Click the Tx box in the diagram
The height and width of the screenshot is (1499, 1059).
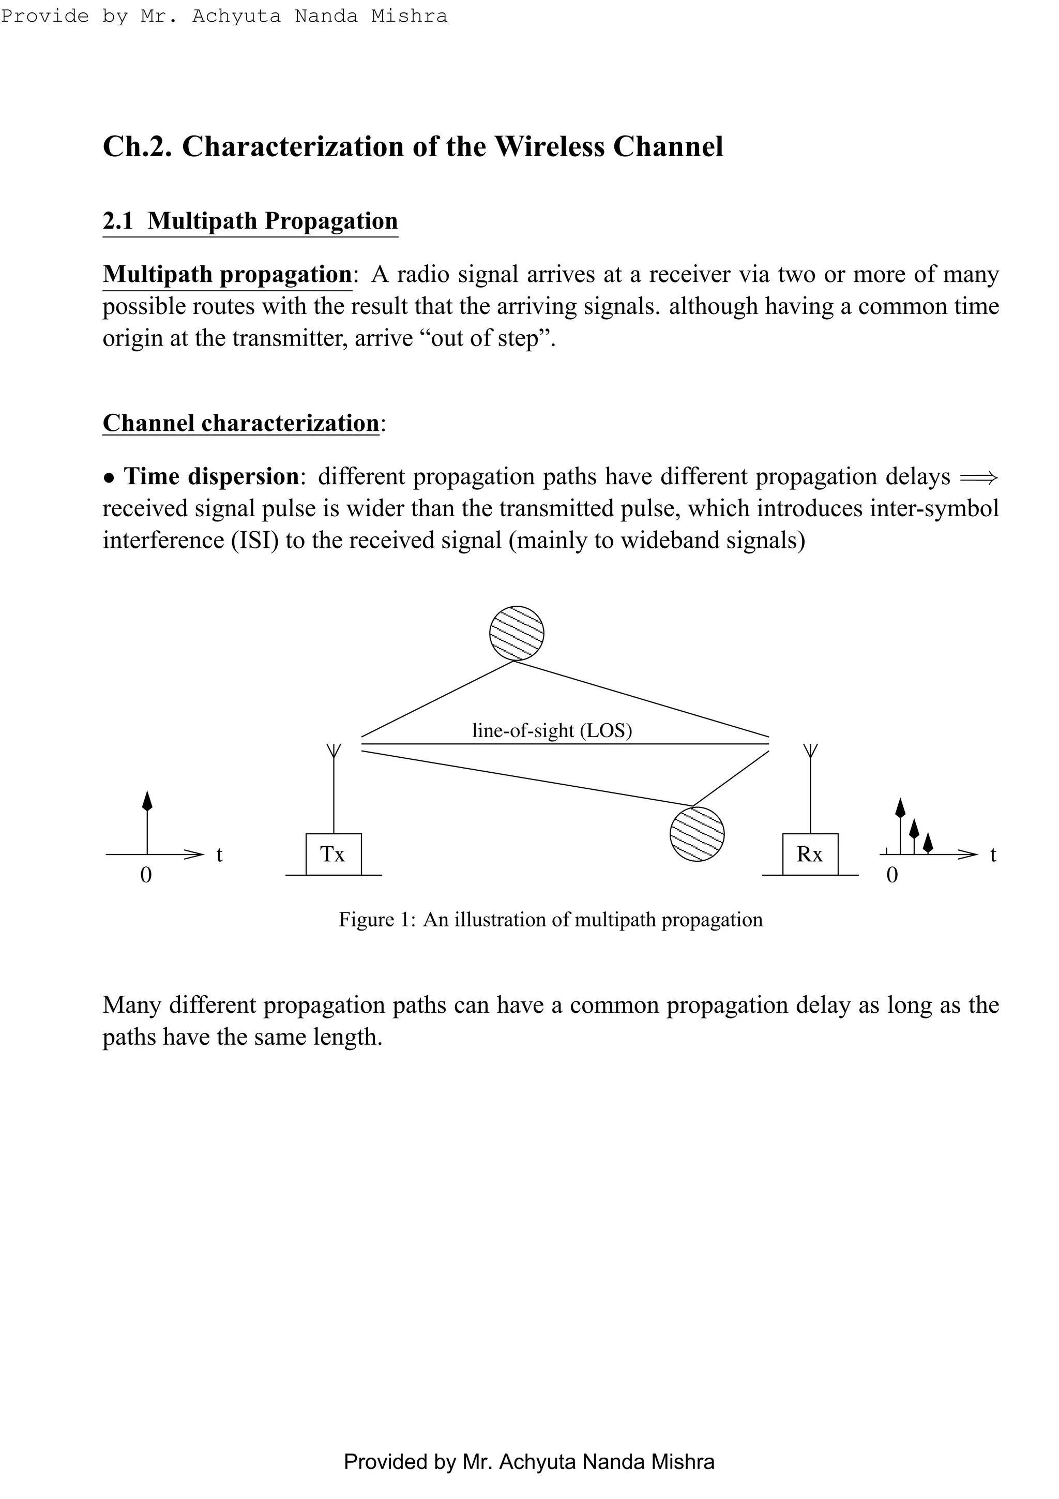tap(334, 854)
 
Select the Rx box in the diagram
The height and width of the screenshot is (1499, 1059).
tap(810, 854)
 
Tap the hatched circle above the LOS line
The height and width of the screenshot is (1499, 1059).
tap(517, 633)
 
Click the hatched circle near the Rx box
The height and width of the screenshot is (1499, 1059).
tap(697, 834)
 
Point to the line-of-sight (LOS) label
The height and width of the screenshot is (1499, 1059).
tap(552, 730)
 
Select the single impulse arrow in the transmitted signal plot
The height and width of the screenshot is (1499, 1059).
tap(147, 802)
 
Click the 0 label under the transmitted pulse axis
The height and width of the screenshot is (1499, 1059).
tap(146, 875)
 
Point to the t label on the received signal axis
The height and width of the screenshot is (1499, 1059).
tap(993, 855)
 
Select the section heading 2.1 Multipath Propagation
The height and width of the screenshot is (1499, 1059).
tap(250, 221)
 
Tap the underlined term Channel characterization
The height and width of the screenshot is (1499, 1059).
tap(241, 423)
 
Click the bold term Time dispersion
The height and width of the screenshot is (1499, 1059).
tap(211, 476)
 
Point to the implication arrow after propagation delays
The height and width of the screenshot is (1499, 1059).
tap(979, 478)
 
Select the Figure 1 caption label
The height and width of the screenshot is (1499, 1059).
tap(376, 919)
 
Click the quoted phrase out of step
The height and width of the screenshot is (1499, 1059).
tap(490, 338)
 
